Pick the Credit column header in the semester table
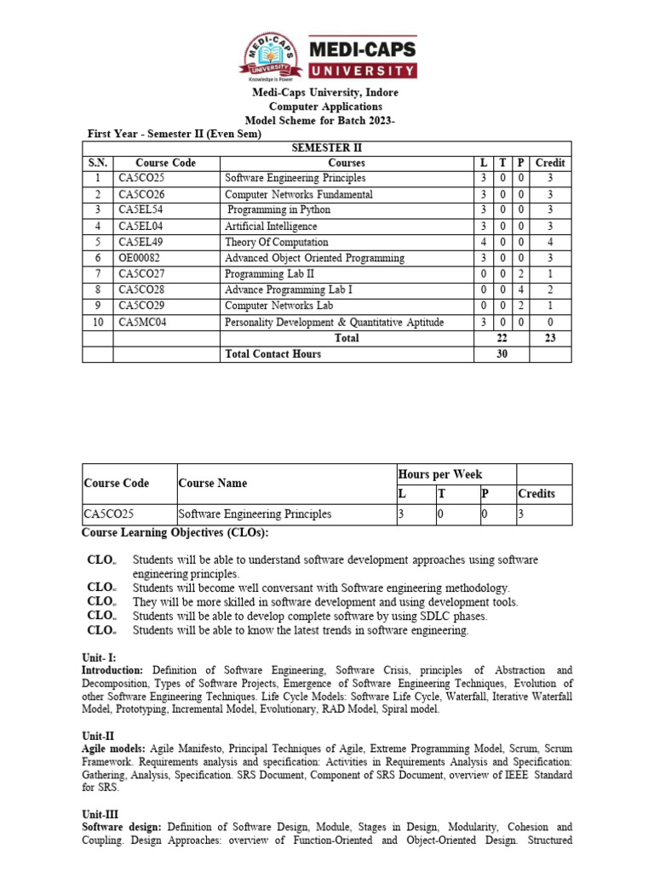550,163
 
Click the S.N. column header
97,163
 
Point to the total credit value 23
550,338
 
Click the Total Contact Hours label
272,354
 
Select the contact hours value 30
502,354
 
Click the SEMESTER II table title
327,147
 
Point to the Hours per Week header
439,474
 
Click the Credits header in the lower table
536,494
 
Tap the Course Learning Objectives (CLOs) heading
175,532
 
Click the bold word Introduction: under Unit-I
112,671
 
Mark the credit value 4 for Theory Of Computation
550,243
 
